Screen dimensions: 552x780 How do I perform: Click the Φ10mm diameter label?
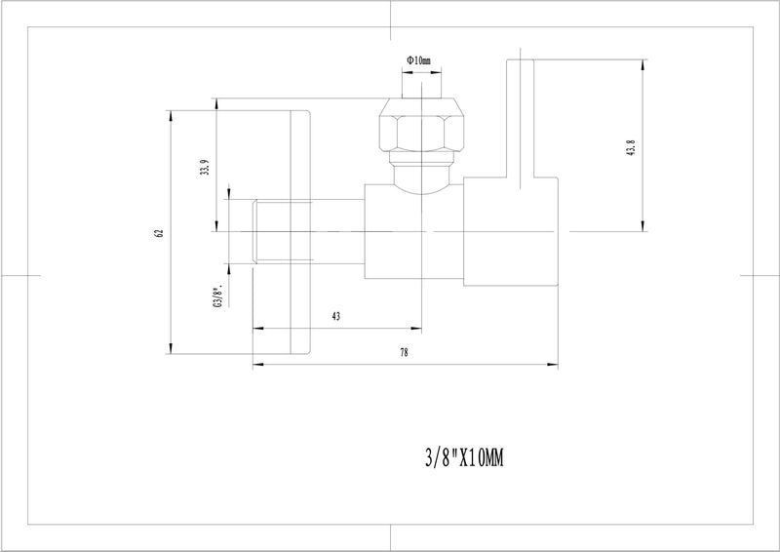tap(419, 60)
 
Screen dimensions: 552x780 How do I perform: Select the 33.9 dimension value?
tap(202, 167)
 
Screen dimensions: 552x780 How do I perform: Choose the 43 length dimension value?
tap(336, 317)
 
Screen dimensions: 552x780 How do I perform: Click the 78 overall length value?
tap(404, 353)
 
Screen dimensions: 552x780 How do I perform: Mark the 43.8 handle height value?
tap(632, 147)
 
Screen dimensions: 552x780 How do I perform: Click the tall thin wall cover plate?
tap(300, 231)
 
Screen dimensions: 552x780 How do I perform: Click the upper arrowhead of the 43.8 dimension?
tap(643, 62)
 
